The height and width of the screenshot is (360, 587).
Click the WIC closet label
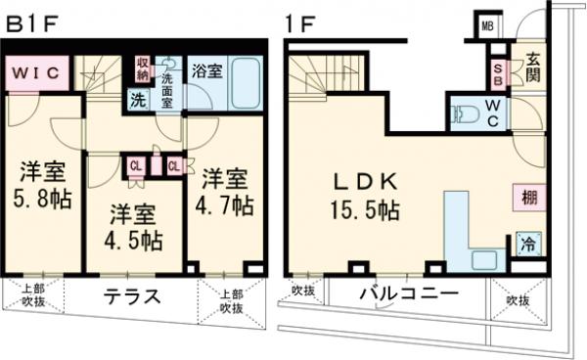pyautogui.click(x=36, y=71)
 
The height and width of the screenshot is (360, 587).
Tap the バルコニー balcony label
pyautogui.click(x=409, y=293)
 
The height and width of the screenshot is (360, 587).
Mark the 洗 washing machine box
pyautogui.click(x=138, y=98)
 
